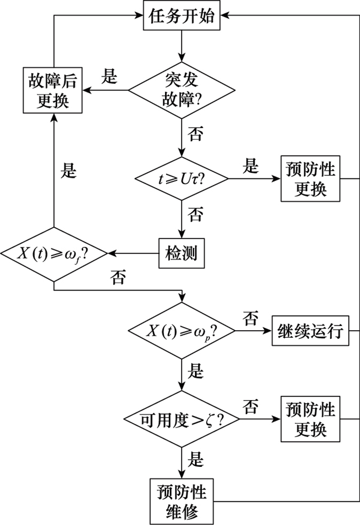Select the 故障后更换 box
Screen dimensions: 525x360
tap(53, 90)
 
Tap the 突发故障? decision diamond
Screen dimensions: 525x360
tap(181, 90)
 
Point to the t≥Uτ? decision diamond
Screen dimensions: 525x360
tap(181, 179)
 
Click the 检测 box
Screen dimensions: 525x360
tap(181, 254)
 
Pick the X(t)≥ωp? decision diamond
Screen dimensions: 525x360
tap(181, 332)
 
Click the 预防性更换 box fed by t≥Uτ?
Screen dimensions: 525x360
tap(311, 179)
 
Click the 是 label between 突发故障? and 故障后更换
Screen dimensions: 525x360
tap(109, 77)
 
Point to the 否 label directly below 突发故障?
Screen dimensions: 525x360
tap(195, 135)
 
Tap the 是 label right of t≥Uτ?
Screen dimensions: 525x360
tap(250, 166)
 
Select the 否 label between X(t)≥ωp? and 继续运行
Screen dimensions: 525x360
tap(250, 319)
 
